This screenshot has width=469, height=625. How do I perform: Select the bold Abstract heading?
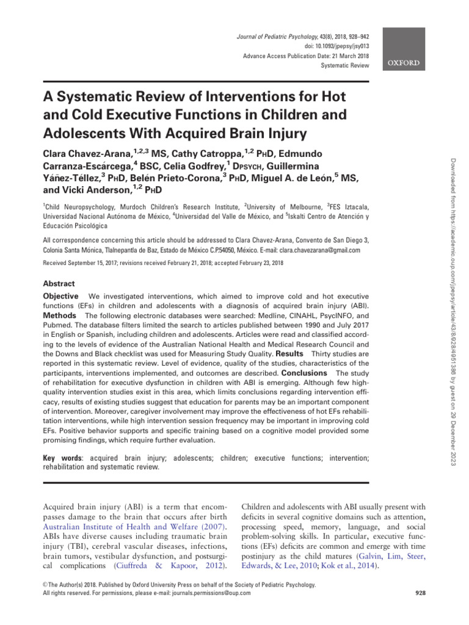click(59, 284)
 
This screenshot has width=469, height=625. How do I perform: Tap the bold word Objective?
click(60, 296)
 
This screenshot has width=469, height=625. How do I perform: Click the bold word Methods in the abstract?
click(59, 316)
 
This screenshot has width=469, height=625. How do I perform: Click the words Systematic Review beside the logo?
click(346, 65)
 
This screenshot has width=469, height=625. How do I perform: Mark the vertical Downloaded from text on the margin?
click(453, 183)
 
